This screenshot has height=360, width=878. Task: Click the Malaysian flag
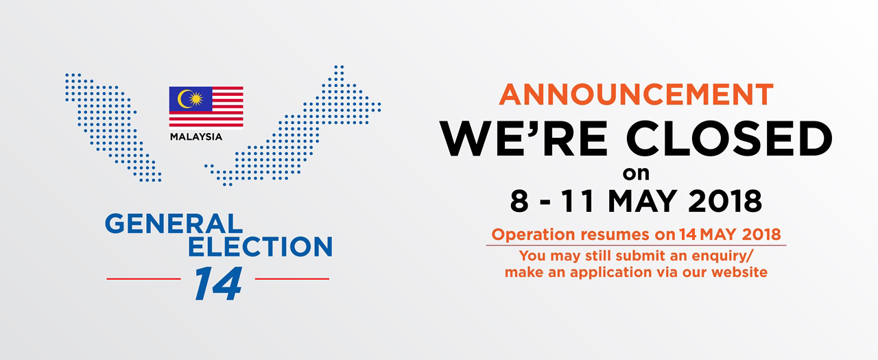click(x=206, y=108)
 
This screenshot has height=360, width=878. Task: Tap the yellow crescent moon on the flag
click(x=183, y=99)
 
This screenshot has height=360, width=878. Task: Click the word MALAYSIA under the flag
click(x=196, y=136)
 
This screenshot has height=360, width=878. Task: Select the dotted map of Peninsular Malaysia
click(x=113, y=128)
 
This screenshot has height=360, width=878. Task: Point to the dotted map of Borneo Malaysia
click(x=292, y=125)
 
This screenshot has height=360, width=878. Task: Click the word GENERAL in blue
click(x=174, y=224)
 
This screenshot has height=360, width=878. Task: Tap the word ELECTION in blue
click(x=260, y=246)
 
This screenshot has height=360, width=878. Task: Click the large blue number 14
click(x=218, y=284)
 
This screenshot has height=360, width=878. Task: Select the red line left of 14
click(x=144, y=279)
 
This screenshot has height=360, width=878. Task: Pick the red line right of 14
click(x=292, y=279)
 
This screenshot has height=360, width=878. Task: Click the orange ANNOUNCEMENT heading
click(x=636, y=95)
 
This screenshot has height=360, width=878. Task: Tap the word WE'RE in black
click(x=523, y=139)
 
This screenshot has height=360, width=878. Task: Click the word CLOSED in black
click(x=729, y=139)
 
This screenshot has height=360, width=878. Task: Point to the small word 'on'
click(x=636, y=174)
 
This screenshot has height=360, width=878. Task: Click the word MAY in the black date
click(x=642, y=202)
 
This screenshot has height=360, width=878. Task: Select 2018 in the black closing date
click(x=725, y=202)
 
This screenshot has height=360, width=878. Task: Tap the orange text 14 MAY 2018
click(x=730, y=235)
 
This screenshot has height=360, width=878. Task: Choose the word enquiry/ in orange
click(x=722, y=256)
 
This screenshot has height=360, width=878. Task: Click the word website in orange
click(x=739, y=272)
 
